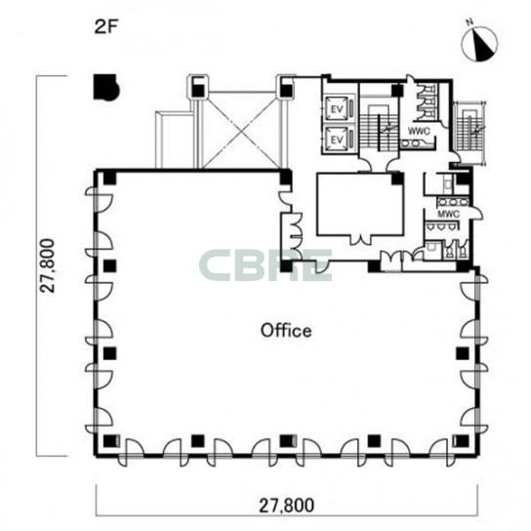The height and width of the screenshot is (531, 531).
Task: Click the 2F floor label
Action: pyautogui.click(x=105, y=27)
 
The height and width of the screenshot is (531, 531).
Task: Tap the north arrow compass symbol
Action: pyautogui.click(x=479, y=44)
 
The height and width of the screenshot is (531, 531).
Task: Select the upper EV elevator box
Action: pyautogui.click(x=337, y=108)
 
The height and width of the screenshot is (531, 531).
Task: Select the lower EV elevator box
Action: pyautogui.click(x=337, y=139)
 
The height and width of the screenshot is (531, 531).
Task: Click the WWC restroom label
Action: pyautogui.click(x=419, y=131)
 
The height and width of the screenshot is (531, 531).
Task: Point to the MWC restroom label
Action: pyautogui.click(x=448, y=214)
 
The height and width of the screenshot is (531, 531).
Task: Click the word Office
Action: pyautogui.click(x=286, y=331)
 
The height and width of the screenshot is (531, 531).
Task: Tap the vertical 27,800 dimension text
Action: pyautogui.click(x=47, y=265)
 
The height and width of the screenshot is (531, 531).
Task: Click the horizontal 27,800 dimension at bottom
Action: pyautogui.click(x=287, y=506)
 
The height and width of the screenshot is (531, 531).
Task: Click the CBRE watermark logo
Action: pyautogui.click(x=265, y=265)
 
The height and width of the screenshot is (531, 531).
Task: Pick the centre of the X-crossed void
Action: pyautogui.click(x=241, y=130)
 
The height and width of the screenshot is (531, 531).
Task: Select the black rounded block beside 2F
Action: pyautogui.click(x=106, y=88)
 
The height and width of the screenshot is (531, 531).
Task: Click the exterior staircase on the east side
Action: pyautogui.click(x=470, y=132)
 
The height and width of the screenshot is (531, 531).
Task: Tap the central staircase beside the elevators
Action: pyautogui.click(x=379, y=129)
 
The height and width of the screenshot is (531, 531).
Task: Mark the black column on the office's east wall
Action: pyautogui.click(x=463, y=353)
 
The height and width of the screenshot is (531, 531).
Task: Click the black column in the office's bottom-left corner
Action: pyautogui.click(x=109, y=441)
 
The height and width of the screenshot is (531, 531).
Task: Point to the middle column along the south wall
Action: pyautogui.click(x=287, y=441)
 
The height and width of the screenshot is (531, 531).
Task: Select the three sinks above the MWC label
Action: pyautogui.click(x=453, y=202)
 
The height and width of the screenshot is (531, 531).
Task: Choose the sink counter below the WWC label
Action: pyautogui.click(x=417, y=143)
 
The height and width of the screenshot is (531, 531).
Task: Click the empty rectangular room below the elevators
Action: pyautogui.click(x=360, y=204)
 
